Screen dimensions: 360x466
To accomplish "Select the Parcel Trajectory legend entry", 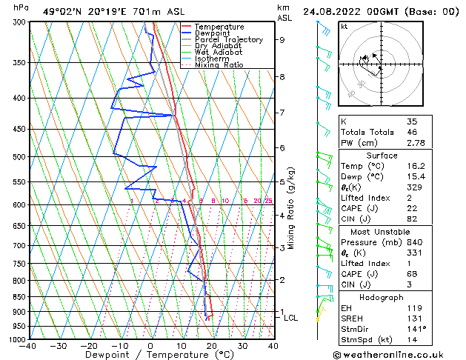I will click(x=228, y=40).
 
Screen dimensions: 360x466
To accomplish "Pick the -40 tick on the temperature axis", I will click(x=28, y=345).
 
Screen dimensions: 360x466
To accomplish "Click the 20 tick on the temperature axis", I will click(x=212, y=345).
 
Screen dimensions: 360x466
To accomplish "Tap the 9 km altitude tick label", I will click(x=282, y=40).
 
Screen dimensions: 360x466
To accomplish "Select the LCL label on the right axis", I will click(x=291, y=318).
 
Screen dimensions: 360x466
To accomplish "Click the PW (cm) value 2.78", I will click(x=415, y=142).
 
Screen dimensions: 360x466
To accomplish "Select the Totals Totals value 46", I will click(x=412, y=131).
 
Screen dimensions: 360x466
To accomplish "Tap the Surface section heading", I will click(x=382, y=156).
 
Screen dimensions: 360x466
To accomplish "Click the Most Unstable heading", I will click(x=382, y=231).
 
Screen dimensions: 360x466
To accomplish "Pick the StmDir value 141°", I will click(x=416, y=329).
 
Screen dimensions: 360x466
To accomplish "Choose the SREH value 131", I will click(x=413, y=318).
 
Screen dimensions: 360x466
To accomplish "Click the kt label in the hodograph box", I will click(x=344, y=26).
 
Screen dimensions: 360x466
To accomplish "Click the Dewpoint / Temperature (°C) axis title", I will click(x=150, y=355).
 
